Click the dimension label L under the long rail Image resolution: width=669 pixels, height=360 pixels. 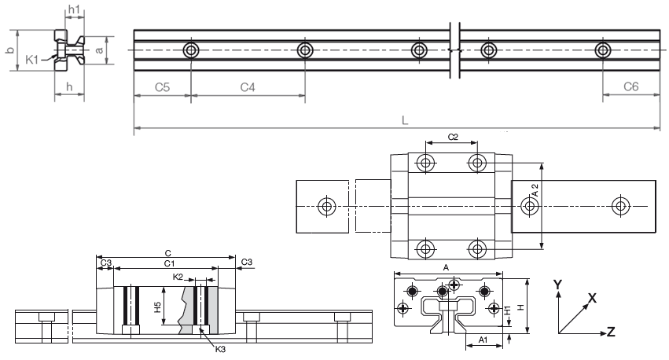point(403,120)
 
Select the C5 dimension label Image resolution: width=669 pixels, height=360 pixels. point(161,87)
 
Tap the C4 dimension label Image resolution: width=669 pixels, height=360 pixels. point(248,87)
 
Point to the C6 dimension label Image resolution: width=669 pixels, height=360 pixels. point(630,87)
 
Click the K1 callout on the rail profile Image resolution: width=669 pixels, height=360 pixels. point(32,59)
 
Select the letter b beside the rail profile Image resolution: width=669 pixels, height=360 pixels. point(9,50)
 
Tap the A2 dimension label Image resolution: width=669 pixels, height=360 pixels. point(535,189)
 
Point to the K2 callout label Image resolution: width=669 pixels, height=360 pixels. point(178,277)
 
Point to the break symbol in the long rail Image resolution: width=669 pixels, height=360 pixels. point(454,50)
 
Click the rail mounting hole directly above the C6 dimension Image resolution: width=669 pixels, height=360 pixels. point(603,51)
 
